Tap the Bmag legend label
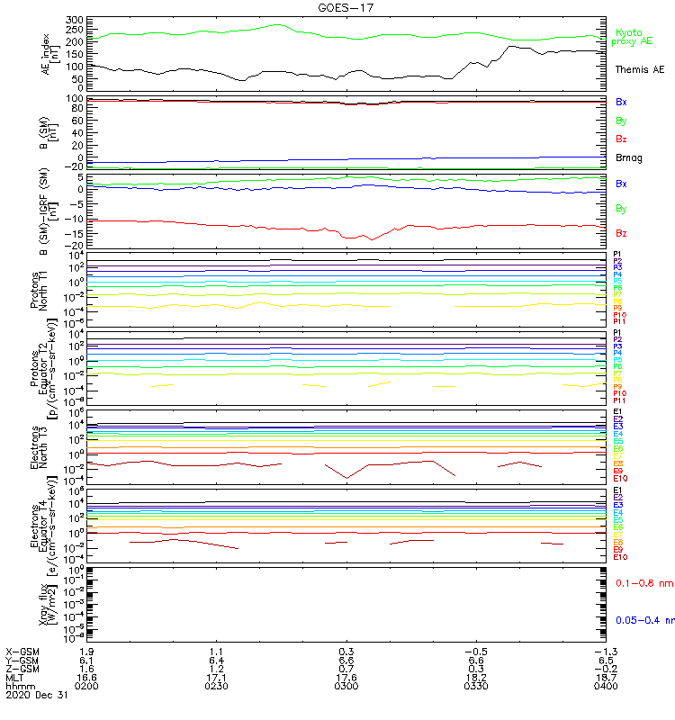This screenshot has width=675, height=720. [x=628, y=158]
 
